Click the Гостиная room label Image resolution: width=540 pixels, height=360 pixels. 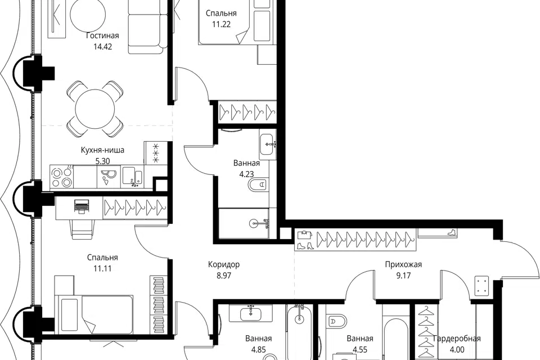(102, 36)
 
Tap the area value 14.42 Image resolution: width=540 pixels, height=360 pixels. (102, 47)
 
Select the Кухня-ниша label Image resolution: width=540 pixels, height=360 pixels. (102, 150)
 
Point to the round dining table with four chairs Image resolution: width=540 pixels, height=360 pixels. (94, 109)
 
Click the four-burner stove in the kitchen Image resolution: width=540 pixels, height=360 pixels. (62, 177)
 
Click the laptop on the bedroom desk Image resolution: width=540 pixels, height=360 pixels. (81, 206)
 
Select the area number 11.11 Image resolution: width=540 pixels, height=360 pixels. (102, 269)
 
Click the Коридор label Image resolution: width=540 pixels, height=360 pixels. (224, 264)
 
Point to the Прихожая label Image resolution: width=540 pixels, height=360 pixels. (403, 264)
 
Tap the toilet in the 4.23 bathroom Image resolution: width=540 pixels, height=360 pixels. (258, 185)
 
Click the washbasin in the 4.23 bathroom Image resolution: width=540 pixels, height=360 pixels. (268, 145)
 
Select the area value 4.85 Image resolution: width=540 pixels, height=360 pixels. (258, 350)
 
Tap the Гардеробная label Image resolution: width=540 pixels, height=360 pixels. (457, 339)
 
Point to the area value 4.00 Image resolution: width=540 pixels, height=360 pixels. (457, 350)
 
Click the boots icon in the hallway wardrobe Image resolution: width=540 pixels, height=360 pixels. (305, 246)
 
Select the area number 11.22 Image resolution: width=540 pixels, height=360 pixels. (221, 24)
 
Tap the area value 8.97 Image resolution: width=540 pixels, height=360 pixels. (224, 276)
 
